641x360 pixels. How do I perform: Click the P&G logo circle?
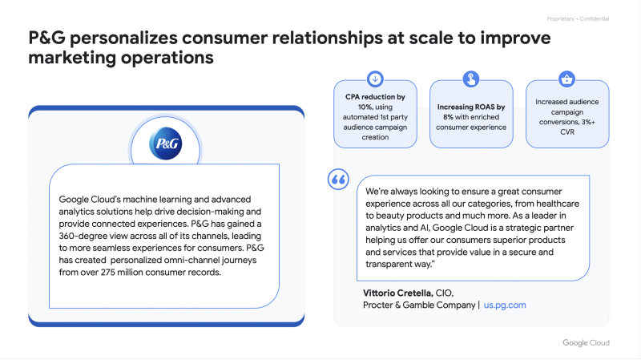click(x=166, y=144)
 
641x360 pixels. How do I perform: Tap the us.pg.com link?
click(x=505, y=305)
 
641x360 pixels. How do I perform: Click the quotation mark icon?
click(x=338, y=179)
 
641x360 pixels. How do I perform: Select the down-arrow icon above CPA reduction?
click(x=375, y=79)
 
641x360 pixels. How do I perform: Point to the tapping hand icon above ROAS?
click(x=471, y=79)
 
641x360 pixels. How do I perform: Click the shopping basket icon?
click(x=567, y=79)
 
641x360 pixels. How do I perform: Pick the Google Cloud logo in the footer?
click(x=586, y=343)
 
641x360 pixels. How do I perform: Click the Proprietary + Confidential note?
click(x=578, y=18)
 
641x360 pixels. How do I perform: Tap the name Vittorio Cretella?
click(x=397, y=293)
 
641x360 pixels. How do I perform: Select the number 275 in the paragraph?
click(x=107, y=273)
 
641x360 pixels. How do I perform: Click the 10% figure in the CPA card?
click(x=365, y=107)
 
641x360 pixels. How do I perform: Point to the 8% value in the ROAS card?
click(x=448, y=117)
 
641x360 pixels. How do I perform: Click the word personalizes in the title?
click(x=123, y=38)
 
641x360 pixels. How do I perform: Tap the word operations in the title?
click(x=167, y=58)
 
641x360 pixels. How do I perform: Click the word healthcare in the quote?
click(x=558, y=204)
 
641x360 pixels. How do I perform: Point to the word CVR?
click(x=567, y=132)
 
